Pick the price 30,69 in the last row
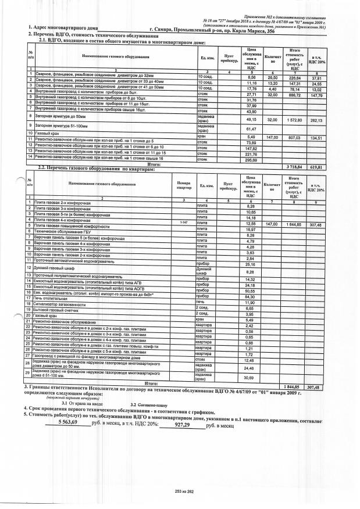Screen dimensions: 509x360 pyautogui.click(x=251, y=378)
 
